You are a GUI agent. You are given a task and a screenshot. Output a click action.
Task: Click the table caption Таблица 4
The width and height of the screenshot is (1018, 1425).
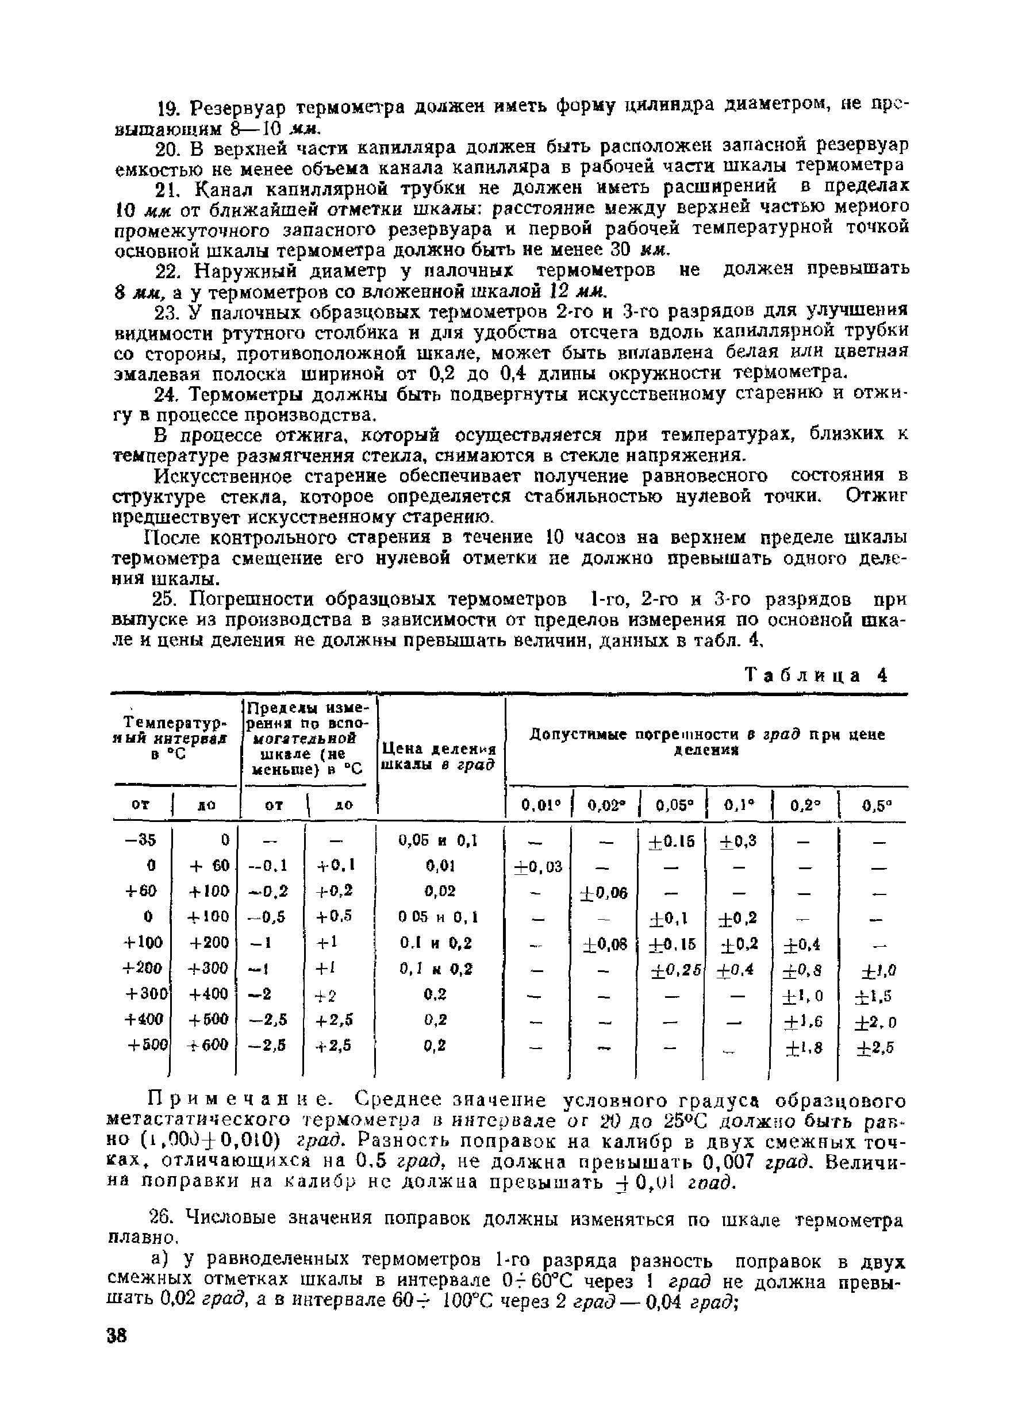[x=816, y=675]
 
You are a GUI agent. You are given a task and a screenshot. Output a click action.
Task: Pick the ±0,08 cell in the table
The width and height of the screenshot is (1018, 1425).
[x=605, y=944]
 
